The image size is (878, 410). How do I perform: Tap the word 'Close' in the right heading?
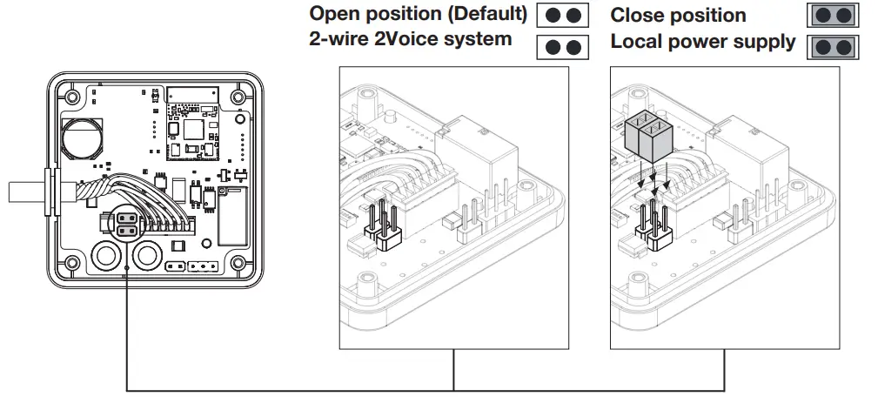(636, 16)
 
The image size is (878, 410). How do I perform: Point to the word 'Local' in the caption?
(636, 41)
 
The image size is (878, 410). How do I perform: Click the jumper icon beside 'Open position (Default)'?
(562, 17)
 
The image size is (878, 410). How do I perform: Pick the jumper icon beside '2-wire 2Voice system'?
(562, 46)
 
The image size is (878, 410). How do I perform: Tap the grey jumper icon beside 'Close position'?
(833, 17)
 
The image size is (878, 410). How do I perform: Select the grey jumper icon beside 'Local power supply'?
(833, 46)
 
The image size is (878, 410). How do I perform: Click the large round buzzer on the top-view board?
(82, 137)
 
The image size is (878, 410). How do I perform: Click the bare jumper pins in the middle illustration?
(381, 221)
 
